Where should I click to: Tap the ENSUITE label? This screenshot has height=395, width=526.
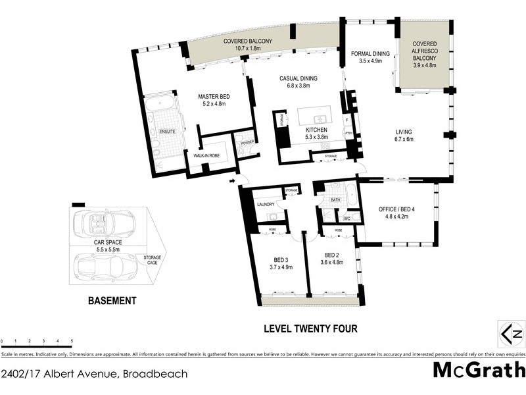[x=168, y=132]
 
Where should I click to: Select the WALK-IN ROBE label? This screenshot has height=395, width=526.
[x=206, y=155]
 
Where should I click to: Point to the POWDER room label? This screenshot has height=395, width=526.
[x=247, y=143]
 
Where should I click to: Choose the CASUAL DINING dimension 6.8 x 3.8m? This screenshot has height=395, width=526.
[x=299, y=86]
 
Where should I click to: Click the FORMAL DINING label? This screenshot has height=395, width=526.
[x=370, y=54]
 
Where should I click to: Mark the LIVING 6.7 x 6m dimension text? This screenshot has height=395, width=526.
[x=412, y=140]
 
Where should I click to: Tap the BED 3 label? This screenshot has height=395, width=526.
[x=280, y=259]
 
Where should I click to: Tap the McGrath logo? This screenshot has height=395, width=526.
[x=477, y=370]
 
